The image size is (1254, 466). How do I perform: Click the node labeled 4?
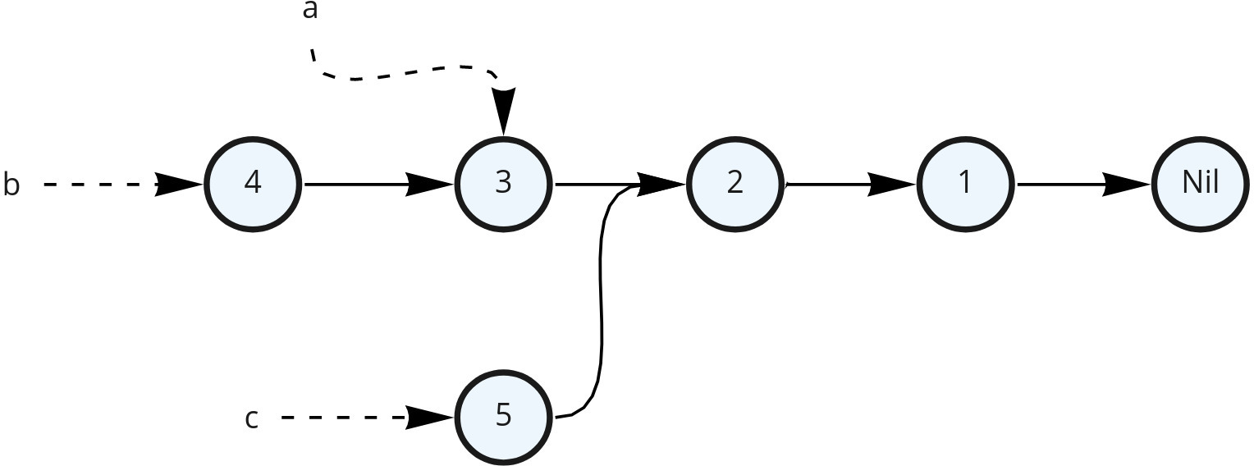pos(253,185)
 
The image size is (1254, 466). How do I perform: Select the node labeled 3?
pos(504,185)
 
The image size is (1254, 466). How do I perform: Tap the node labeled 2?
pos(735,185)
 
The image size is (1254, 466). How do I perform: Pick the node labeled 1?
pos(966,185)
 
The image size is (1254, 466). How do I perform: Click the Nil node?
pos(1200,185)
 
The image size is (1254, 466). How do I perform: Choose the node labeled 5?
pos(504,417)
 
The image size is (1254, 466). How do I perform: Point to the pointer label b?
pos(11,185)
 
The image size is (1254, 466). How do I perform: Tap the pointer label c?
pos(252,418)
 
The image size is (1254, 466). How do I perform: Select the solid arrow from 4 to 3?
pos(361,185)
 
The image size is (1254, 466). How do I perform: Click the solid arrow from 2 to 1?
pos(829,185)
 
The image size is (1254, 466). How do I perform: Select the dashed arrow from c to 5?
pos(345,418)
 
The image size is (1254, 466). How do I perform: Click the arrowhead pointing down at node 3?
pos(503,111)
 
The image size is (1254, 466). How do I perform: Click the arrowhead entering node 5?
pos(429,418)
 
